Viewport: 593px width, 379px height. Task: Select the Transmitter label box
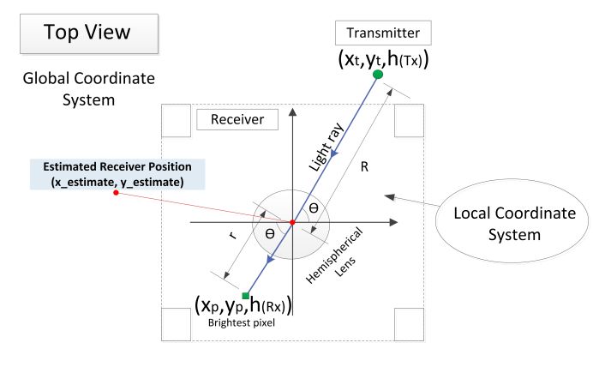click(382, 33)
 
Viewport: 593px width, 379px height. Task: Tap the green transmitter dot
click(377, 75)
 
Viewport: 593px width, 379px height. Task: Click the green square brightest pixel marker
click(246, 296)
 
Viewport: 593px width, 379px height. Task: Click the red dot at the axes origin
click(292, 223)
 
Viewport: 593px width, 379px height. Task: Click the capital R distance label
click(363, 167)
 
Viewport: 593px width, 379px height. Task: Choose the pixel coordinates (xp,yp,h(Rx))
click(243, 305)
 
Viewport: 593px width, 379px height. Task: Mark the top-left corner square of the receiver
click(177, 121)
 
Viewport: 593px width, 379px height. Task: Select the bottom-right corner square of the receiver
click(409, 324)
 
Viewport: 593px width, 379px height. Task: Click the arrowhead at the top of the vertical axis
click(293, 110)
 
